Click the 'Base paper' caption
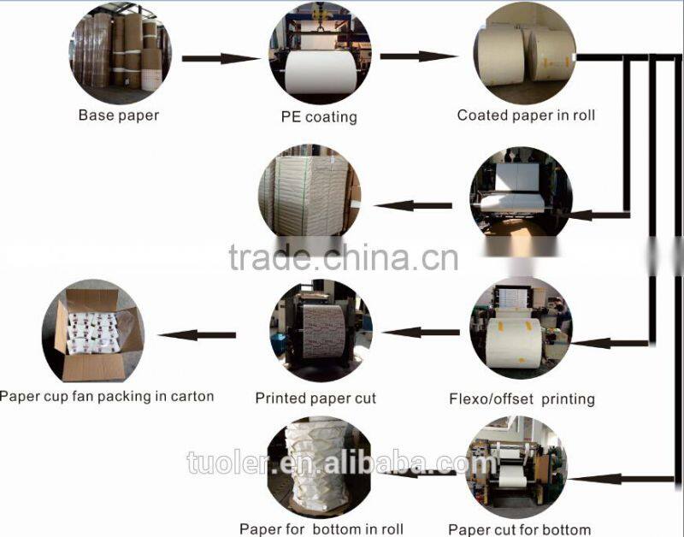point(119,115)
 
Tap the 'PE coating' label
point(319,117)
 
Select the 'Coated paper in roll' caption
point(526,115)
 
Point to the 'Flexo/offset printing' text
point(522,398)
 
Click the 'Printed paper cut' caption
point(315,398)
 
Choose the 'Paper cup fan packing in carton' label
point(107,396)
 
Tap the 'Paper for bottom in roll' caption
point(321,529)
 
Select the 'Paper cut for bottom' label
point(519,529)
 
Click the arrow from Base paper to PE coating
point(221,58)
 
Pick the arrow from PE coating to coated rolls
point(419,56)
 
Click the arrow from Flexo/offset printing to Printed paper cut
point(421,333)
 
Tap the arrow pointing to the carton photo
point(197,335)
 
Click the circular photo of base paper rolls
point(121,53)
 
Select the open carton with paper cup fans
point(99,333)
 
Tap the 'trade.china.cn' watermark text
point(344,258)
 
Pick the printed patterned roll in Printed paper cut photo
point(324,331)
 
